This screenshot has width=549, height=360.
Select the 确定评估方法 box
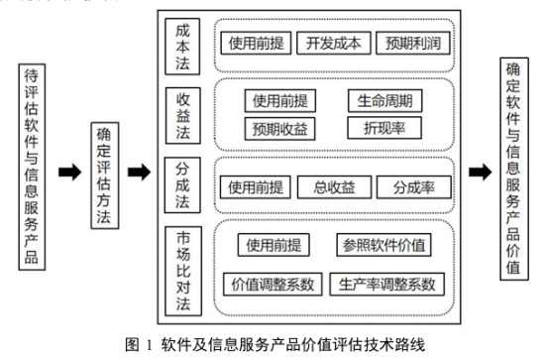(105, 173)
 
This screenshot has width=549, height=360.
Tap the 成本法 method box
(183, 45)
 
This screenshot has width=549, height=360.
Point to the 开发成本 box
(339, 44)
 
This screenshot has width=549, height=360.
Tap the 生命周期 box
(384, 101)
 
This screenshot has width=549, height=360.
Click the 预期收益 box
(280, 128)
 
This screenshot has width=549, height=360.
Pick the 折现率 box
(384, 128)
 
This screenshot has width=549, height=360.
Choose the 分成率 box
(414, 187)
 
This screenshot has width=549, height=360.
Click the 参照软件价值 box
(387, 245)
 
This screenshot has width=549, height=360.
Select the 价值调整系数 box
(273, 284)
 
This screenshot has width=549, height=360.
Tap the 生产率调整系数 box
(386, 284)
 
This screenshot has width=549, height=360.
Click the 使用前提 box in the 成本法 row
(256, 44)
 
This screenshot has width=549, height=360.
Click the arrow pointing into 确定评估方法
(70, 173)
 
